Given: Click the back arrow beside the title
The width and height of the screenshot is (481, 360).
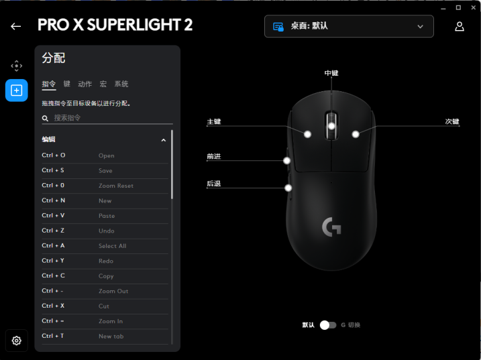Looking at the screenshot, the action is coord(15,26).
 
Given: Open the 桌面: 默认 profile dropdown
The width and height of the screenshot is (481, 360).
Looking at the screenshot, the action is coord(349,26).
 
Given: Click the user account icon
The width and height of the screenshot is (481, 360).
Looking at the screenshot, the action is coord(460,26).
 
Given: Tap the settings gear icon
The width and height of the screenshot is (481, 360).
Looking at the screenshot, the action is coord(17,341).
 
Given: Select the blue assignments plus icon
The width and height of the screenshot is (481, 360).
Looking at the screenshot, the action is coord(17,90).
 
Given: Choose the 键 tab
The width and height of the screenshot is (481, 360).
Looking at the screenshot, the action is coord(67,84).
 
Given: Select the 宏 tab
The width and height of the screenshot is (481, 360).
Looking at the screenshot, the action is coord(103,84).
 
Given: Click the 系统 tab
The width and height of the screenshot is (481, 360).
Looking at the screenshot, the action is coord(121,84).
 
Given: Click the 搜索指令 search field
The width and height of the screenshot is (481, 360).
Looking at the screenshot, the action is coord(107,118).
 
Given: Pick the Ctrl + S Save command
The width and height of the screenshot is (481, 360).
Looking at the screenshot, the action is coord(105,170).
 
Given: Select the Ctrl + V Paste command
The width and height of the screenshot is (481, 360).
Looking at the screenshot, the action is coord(105,216).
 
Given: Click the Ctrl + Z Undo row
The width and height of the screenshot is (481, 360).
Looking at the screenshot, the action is coord(105,231).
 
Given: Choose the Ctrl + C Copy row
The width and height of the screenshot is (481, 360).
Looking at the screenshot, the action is coord(105,276).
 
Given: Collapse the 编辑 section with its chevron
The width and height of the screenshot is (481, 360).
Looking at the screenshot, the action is coord(164,140).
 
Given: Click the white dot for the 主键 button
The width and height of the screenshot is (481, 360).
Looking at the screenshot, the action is coord(307,134).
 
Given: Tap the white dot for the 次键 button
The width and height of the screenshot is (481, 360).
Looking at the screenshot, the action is coord(356,134).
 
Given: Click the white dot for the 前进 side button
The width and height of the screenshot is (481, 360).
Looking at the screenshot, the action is coord(287,160).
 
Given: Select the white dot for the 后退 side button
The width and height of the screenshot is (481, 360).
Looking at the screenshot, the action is coord(288,188).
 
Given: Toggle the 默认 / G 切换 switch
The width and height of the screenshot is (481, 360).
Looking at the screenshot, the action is coord(328,324).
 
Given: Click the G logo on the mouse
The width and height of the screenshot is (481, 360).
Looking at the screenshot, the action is coord(331,227).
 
